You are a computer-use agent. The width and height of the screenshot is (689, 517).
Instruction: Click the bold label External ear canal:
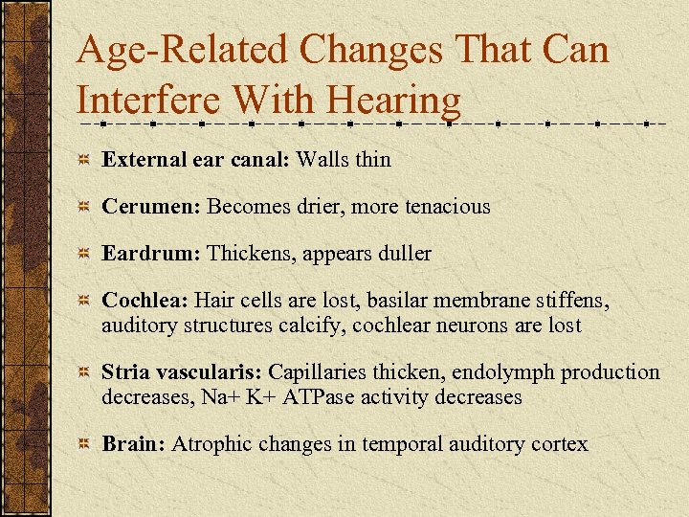[196, 159]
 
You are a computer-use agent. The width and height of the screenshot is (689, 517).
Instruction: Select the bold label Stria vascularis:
[183, 371]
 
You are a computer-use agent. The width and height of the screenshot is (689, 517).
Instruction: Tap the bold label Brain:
[133, 444]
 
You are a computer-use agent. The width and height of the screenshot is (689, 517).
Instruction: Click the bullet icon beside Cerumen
[86, 207]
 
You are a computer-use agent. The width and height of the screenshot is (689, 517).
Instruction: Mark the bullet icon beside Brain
[86, 445]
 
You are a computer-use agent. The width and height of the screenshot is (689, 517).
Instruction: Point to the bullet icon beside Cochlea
[86, 302]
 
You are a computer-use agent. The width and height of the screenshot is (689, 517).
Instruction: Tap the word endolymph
[507, 371]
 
